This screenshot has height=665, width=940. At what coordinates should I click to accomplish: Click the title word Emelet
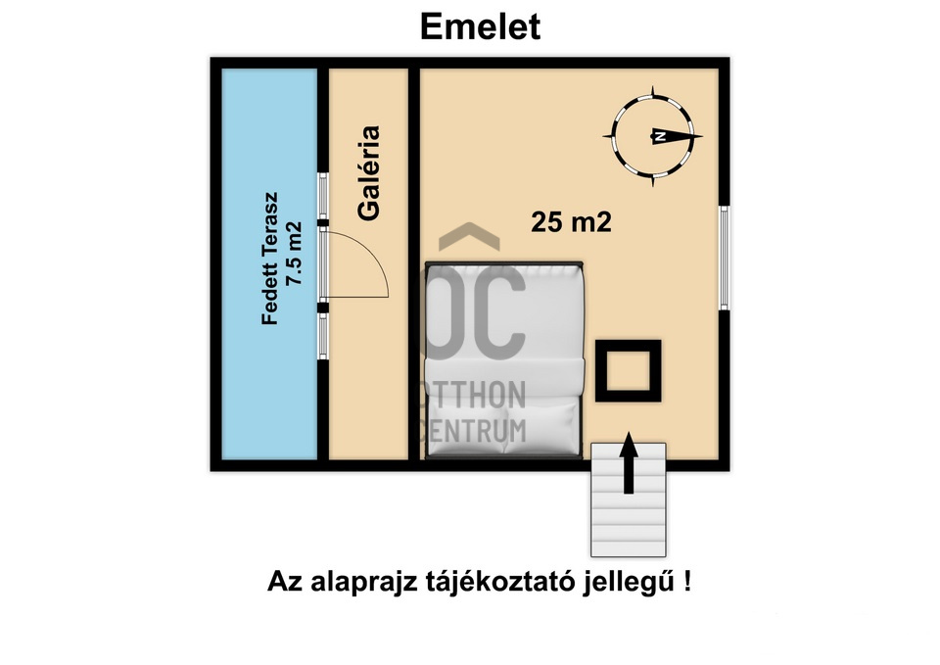[x=480, y=26]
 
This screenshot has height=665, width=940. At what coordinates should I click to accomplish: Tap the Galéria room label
[x=368, y=173]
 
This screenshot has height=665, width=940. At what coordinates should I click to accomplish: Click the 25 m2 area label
[x=571, y=222]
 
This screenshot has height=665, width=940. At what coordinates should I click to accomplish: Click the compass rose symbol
[x=656, y=136]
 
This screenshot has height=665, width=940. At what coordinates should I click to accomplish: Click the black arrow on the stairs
[x=628, y=465]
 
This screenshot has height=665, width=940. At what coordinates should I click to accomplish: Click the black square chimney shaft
[x=628, y=370]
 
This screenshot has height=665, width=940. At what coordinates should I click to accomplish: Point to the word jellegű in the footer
[x=635, y=582]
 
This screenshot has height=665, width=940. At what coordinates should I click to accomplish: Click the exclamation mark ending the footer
[x=689, y=581]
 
